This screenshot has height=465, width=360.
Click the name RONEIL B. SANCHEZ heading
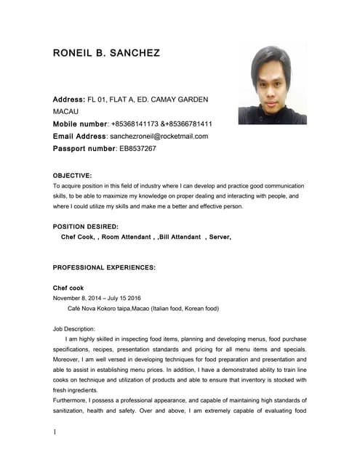pyautogui.click(x=107, y=54)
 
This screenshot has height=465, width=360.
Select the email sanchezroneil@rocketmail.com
pyautogui.click(x=159, y=136)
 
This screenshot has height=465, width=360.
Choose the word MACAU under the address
pyautogui.click(x=68, y=112)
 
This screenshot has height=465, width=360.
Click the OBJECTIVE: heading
pyautogui.click(x=73, y=175)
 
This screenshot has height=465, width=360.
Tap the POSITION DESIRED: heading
pyautogui.click(x=86, y=227)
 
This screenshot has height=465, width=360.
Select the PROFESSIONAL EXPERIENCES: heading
pyautogui.click(x=104, y=267)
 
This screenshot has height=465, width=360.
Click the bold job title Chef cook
pyautogui.click(x=68, y=288)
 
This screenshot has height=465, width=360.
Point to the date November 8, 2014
pyautogui.click(x=80, y=298)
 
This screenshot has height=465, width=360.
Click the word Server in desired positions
pyautogui.click(x=220, y=237)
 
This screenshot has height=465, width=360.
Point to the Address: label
pyautogui.click(x=69, y=99)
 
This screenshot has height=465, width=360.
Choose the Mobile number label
pyautogui.click(x=80, y=124)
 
